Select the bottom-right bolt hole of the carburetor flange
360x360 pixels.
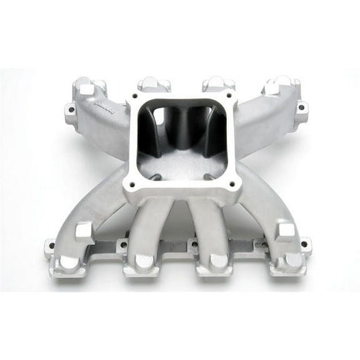coord(232,184)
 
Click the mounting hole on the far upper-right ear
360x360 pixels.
coord(301,107)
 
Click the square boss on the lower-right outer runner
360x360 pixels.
coord(286,231)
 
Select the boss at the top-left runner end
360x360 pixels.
coord(83,86)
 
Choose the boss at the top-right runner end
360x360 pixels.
coord(279,84)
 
